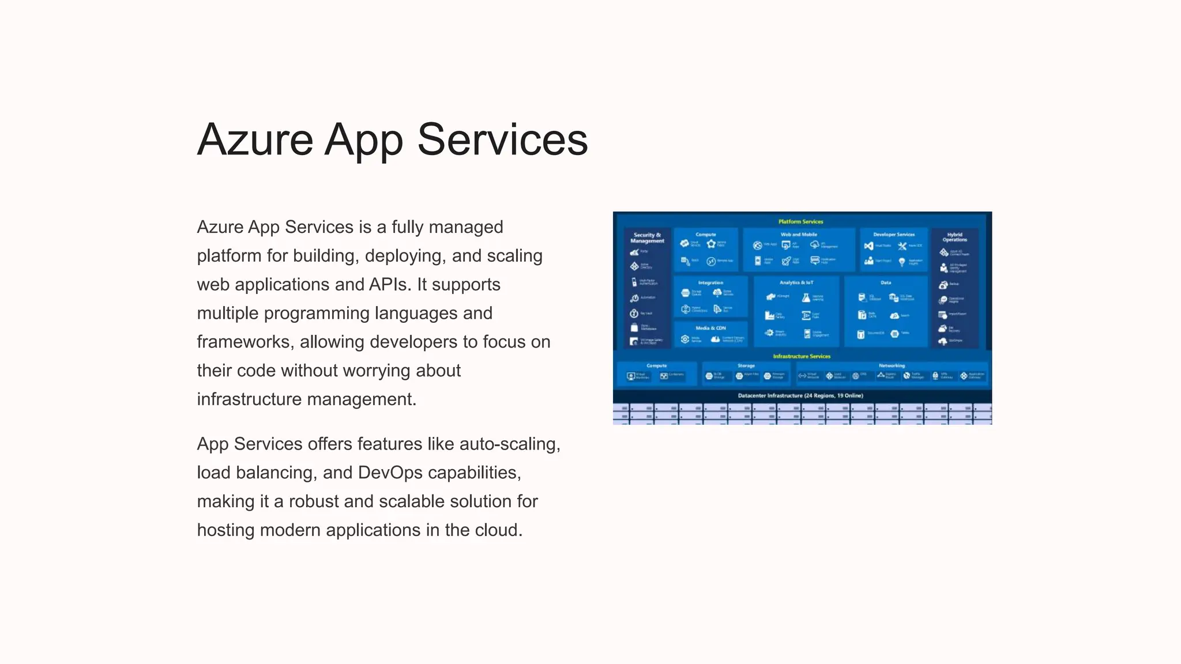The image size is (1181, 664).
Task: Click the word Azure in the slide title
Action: coord(255,140)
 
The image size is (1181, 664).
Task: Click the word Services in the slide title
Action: coord(502,140)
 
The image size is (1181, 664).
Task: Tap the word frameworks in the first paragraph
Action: coord(243,342)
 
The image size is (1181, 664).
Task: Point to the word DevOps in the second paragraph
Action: coord(390,473)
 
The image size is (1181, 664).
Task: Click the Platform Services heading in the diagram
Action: coord(800,222)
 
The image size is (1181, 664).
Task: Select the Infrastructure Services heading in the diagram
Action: coord(802,356)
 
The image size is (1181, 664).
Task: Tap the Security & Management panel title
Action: coord(647,238)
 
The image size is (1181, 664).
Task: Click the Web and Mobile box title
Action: coord(799,235)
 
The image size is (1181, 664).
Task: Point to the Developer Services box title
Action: coord(893,235)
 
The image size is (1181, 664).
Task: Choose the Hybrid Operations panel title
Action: coord(954,237)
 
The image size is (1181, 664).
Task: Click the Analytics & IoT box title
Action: coord(796,282)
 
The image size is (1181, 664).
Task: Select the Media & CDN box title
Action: coord(710,328)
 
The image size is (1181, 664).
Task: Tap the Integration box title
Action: coord(710,282)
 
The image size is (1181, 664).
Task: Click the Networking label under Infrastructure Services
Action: coord(892,365)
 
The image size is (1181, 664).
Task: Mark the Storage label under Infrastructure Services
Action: coord(746,365)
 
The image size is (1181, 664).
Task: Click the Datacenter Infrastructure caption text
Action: coord(800,395)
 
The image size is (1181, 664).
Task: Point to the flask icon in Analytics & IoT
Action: coord(806,297)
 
